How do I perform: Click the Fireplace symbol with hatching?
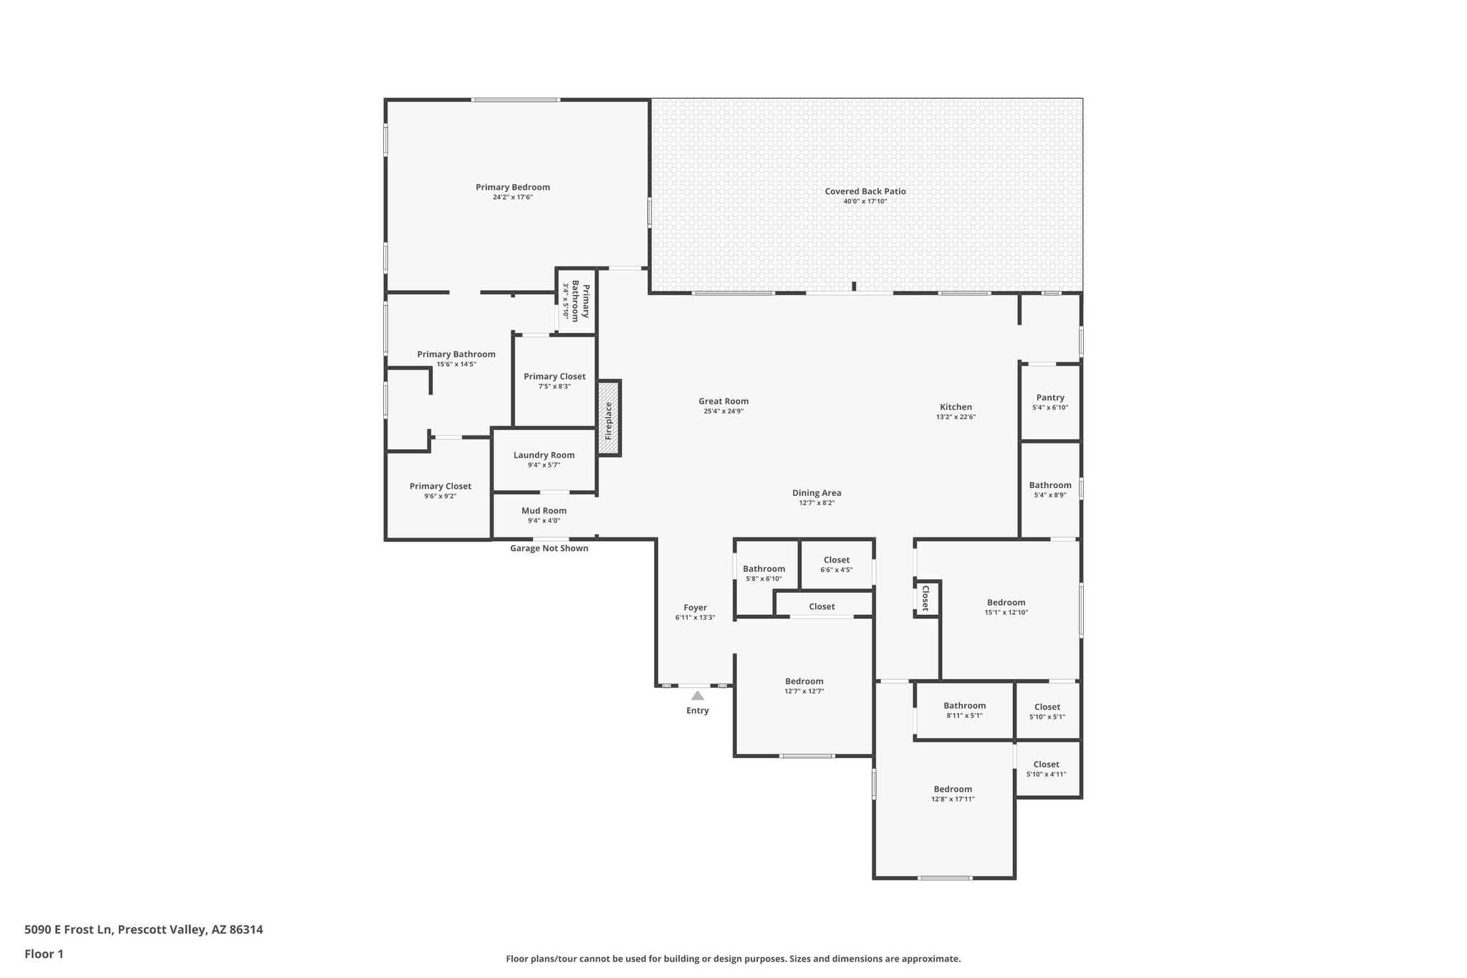[x=609, y=418]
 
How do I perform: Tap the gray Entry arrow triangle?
[x=697, y=696]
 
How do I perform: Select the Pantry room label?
[x=1050, y=398]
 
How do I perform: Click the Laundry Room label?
[x=544, y=455]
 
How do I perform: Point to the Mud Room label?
[x=544, y=511]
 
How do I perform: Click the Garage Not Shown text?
[x=549, y=548]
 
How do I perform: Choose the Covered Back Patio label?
[x=865, y=191]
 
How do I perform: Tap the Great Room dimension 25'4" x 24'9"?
[x=723, y=411]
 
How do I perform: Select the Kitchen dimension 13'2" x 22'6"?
[x=956, y=417]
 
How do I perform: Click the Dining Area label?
[x=817, y=493]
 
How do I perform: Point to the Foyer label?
[x=695, y=608]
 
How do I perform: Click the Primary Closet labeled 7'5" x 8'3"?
[x=554, y=376]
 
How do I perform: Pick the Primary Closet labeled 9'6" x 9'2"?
[x=440, y=486]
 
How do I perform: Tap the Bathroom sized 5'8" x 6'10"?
[x=764, y=569]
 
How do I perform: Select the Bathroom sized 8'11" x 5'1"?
[x=964, y=706]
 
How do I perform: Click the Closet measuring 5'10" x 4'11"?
[x=1046, y=764]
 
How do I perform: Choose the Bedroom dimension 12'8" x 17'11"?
[x=953, y=799]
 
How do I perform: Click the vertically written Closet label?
[x=925, y=598]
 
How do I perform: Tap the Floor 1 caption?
[x=44, y=954]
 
